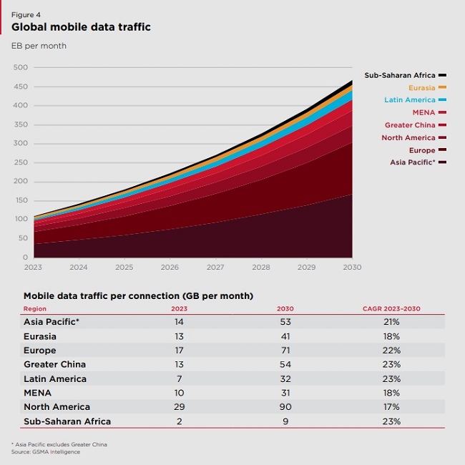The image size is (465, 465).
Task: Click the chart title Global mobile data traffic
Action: [81, 27]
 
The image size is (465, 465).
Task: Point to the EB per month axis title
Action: [39, 46]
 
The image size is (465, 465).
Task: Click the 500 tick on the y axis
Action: [20, 67]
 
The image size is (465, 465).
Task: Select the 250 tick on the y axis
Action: [20, 162]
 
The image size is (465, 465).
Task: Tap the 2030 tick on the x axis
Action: [352, 268]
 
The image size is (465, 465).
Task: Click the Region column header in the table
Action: [35, 308]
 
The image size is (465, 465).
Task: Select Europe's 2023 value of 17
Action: [179, 350]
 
